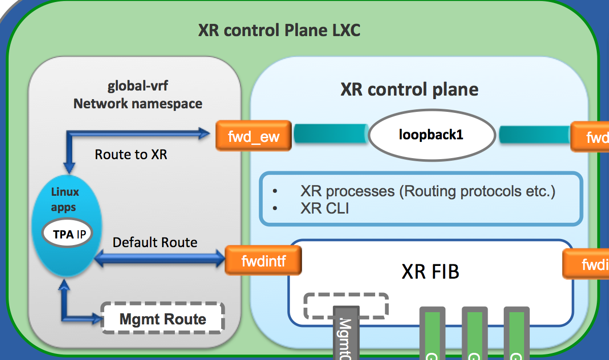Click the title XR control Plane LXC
[x=279, y=30]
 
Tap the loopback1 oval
[x=432, y=135]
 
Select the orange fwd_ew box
[x=253, y=136]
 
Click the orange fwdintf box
[x=263, y=261]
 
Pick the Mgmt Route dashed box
[x=163, y=319]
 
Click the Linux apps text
[x=65, y=200]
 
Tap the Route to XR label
[x=131, y=154]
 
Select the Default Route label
[x=155, y=242]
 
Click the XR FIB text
[x=430, y=272]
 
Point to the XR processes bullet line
[x=428, y=191]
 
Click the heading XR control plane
[x=409, y=89]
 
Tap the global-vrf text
[x=137, y=86]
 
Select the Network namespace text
[x=138, y=104]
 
